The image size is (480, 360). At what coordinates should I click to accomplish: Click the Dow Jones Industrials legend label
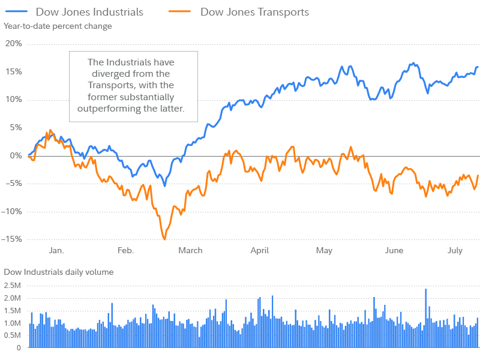(89, 11)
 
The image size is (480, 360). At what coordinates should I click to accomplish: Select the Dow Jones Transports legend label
(255, 11)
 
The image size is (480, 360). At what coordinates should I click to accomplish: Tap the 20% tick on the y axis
(13, 44)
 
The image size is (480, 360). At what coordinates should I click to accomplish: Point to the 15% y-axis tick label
(13, 71)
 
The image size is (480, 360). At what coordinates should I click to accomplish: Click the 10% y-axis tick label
(13, 100)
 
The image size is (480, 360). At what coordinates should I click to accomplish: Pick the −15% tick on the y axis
(12, 239)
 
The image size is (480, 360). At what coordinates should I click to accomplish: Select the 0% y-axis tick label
(15, 155)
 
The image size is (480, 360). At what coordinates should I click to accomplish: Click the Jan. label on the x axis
(56, 250)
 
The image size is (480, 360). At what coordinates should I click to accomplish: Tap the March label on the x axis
(190, 250)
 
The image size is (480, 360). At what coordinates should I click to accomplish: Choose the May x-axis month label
(324, 250)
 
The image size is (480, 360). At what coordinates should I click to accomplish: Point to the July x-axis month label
(455, 250)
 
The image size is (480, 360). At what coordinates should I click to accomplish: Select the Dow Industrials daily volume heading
(59, 272)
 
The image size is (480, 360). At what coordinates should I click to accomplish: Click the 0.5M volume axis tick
(12, 335)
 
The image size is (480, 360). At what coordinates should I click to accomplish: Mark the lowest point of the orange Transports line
(164, 239)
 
